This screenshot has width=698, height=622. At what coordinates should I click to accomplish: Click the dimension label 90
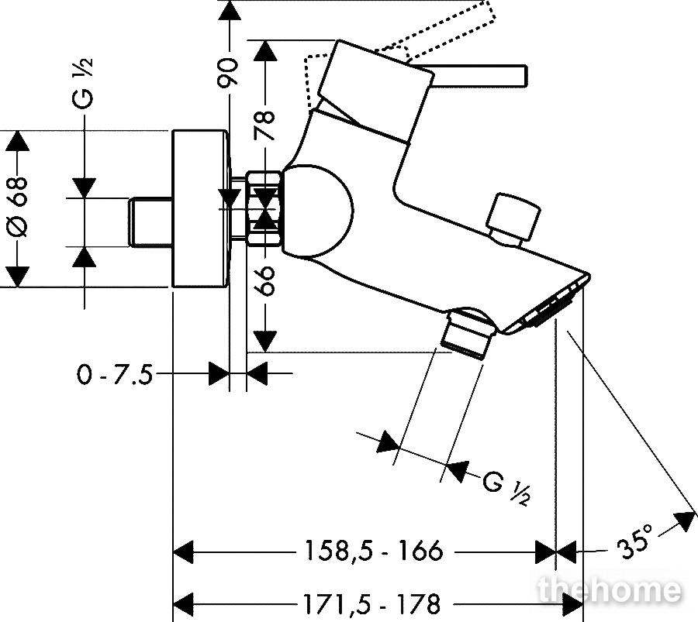click(228, 71)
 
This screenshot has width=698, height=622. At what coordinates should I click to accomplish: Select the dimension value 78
click(264, 125)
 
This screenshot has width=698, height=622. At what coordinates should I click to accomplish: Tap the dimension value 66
click(265, 281)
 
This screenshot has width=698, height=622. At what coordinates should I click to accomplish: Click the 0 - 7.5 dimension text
click(115, 374)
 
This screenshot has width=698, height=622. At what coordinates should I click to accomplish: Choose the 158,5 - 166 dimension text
click(374, 551)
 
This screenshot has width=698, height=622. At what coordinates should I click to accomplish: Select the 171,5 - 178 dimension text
click(371, 603)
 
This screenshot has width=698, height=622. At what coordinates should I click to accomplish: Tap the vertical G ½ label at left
click(83, 83)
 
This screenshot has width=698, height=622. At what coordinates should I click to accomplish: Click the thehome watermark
click(610, 590)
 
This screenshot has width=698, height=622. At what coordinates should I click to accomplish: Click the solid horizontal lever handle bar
click(475, 75)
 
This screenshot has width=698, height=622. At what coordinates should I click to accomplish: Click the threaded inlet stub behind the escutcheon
click(151, 222)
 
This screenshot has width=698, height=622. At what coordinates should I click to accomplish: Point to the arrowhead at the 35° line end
click(686, 521)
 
